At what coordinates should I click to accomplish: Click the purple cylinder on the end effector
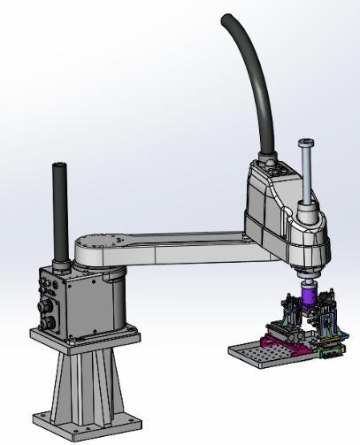(x=310, y=295)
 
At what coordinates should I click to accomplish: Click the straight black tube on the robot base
(x=60, y=212)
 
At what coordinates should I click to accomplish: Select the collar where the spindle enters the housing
(x=308, y=211)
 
